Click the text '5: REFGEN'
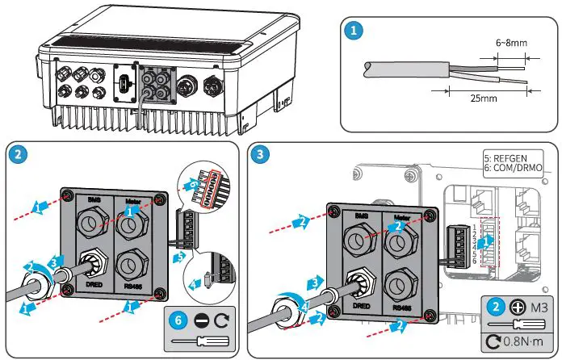click(510, 158)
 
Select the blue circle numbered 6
click(177, 319)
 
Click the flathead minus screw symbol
click(201, 319)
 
